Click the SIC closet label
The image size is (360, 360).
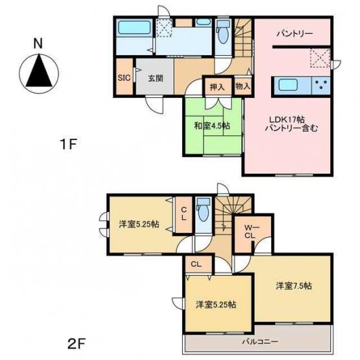click(x=124, y=78)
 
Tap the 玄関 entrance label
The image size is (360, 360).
click(x=156, y=78)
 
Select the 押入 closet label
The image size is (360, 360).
click(x=217, y=88)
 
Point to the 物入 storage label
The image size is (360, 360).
click(x=243, y=86)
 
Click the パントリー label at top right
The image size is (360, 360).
click(x=294, y=34)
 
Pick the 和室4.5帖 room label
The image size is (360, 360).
click(x=212, y=126)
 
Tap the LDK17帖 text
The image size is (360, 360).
click(x=287, y=119)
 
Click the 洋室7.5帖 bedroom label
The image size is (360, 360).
click(x=294, y=286)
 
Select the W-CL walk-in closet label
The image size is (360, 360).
click(x=250, y=232)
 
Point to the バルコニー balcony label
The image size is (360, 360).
click(x=260, y=341)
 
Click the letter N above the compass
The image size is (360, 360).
click(x=38, y=43)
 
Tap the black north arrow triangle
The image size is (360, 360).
click(x=39, y=71)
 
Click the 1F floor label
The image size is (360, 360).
click(x=68, y=145)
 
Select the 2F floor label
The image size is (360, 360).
click(x=77, y=344)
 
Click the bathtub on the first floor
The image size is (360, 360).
click(x=134, y=27)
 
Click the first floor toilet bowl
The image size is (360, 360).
click(x=222, y=36)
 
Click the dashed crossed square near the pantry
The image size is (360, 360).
click(x=320, y=58)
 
